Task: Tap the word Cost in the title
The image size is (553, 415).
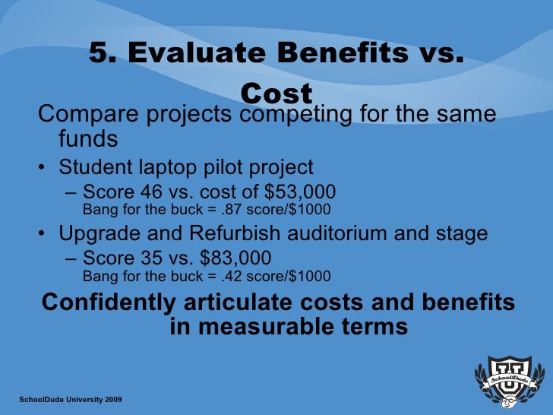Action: [276, 93]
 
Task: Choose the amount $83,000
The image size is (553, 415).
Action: [229, 257]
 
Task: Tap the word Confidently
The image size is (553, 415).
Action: [107, 302]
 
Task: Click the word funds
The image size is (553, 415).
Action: [88, 139]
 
